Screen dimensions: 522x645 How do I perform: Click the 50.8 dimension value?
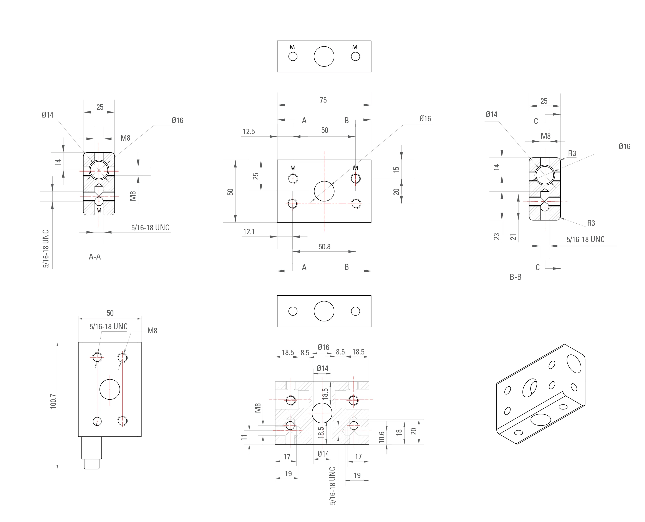324,247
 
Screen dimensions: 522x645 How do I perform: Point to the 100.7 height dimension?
53,401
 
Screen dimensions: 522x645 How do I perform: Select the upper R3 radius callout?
572,154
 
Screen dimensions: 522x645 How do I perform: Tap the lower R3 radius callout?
591,223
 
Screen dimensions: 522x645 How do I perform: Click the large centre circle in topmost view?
324,57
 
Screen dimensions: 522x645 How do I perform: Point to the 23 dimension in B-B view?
497,237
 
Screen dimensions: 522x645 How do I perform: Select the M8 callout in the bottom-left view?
152,331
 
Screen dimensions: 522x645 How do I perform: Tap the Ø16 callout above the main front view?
425,119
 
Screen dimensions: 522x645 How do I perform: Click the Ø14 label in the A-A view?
48,115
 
